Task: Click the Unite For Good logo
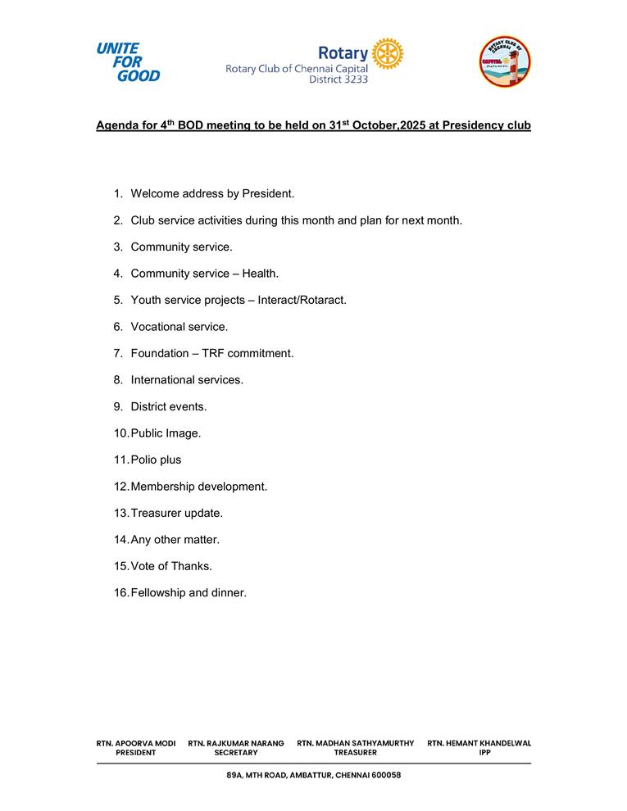coord(128,62)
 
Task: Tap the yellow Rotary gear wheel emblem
coord(387,54)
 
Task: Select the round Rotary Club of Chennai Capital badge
coord(505,61)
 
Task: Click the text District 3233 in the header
coord(338,80)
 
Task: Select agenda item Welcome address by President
coord(211,193)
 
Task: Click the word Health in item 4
coord(260,274)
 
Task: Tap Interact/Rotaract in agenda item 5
coord(302,300)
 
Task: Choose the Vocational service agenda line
coord(179,327)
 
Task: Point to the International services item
coord(186,380)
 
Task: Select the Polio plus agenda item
coord(156,460)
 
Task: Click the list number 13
coord(120,513)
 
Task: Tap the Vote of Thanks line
coord(170,566)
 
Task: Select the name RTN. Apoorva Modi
coord(136,743)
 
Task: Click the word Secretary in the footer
coord(236,753)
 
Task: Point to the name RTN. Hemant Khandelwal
coord(479,743)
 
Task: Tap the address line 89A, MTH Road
coord(313,775)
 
